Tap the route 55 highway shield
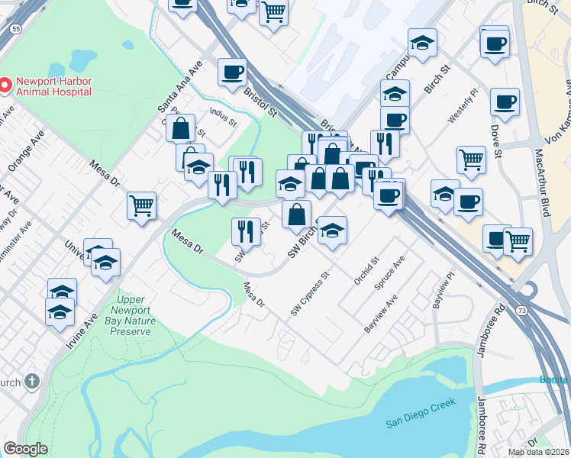(x=15, y=27)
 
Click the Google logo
(x=25, y=449)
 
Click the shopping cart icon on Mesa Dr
(x=141, y=205)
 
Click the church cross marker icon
(x=31, y=381)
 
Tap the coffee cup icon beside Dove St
(x=504, y=101)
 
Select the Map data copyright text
(x=539, y=452)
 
